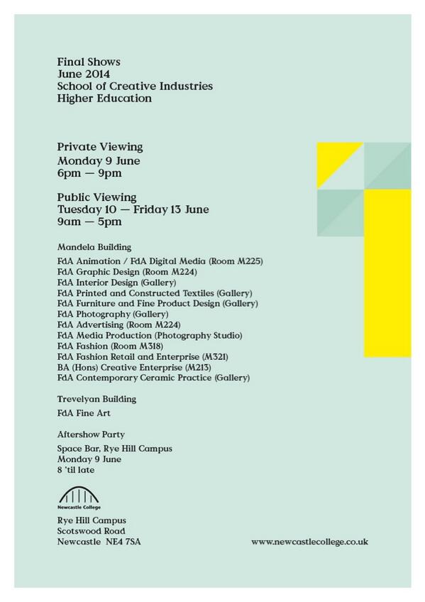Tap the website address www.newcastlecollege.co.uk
(x=309, y=542)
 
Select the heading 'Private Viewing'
(x=100, y=147)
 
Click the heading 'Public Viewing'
(x=97, y=197)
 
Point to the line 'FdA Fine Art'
(x=84, y=412)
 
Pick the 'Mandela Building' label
(x=94, y=248)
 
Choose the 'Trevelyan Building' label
(x=96, y=399)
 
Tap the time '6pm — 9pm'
(x=89, y=173)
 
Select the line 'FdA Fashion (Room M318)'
(x=111, y=346)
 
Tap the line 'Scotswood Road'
(x=92, y=530)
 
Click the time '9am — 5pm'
(x=89, y=222)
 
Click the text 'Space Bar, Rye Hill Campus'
(x=115, y=449)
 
